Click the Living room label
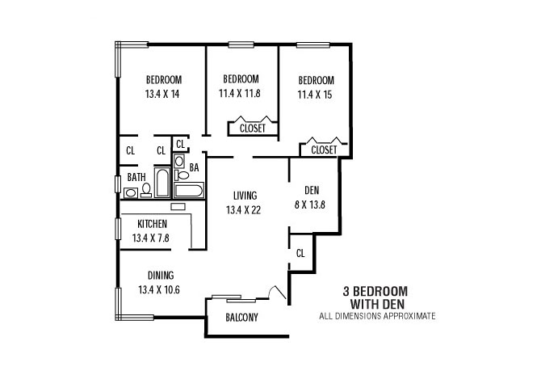(245, 196)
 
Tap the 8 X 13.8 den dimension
(310, 205)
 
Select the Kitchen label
(152, 224)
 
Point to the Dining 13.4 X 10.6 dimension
(159, 289)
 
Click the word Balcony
(242, 317)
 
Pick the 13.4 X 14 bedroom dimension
(162, 94)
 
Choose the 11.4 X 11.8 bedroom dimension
(240, 93)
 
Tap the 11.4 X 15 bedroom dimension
(315, 95)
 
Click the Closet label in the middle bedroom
(253, 129)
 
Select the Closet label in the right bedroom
(324, 150)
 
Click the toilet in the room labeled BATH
(146, 191)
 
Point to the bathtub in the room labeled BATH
(162, 183)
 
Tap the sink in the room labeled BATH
(131, 193)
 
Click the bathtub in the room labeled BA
(189, 191)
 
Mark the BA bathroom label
(195, 167)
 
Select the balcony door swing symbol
(278, 293)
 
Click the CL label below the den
(300, 253)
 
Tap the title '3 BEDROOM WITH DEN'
(375, 297)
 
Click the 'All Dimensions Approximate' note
(377, 316)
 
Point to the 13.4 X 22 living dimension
(243, 210)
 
